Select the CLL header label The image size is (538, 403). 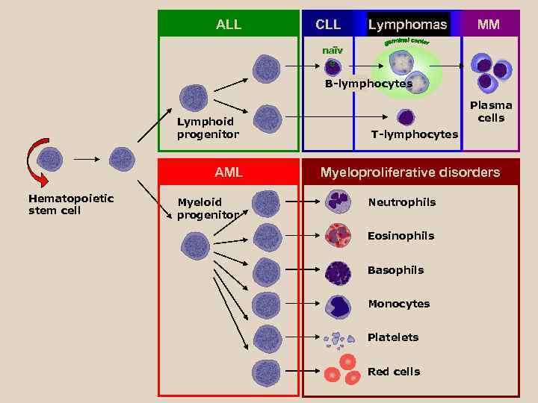[x=328, y=25]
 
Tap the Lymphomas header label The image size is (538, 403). [x=407, y=25]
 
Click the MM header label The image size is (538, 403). [x=489, y=25]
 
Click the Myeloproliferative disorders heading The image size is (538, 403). [x=409, y=172]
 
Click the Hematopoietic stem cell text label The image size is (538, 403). [x=71, y=204]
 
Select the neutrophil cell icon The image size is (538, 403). [x=338, y=201]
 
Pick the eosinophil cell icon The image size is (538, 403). [x=338, y=236]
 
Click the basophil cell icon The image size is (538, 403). [x=338, y=270]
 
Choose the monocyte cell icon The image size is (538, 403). [x=338, y=304]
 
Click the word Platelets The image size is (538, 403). [x=393, y=337]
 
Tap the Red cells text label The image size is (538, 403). [x=393, y=372]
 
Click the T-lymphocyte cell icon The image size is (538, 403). [x=406, y=118]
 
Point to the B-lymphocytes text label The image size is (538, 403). [x=368, y=84]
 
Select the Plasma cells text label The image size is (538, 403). [x=491, y=112]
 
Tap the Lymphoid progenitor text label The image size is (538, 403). [x=208, y=128]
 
